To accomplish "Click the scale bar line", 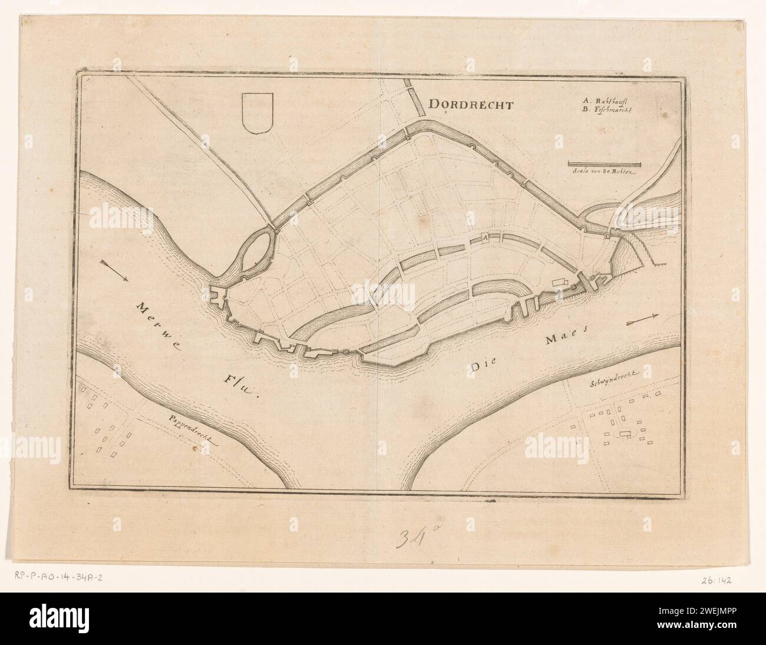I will (604, 163).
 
